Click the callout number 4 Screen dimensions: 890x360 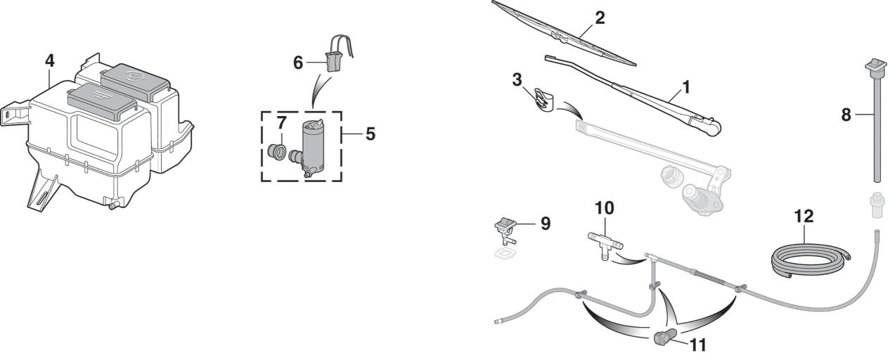tap(50, 60)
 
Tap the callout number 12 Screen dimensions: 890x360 tap(804, 217)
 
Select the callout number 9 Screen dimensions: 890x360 tap(546, 224)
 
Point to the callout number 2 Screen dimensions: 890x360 tap(600, 18)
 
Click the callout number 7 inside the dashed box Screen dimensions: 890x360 tap(282, 123)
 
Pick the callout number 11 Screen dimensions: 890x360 tap(698, 345)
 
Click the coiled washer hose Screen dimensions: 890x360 tap(811, 261)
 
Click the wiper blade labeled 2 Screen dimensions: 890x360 tap(565, 32)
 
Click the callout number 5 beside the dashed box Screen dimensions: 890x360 tap(370, 134)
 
